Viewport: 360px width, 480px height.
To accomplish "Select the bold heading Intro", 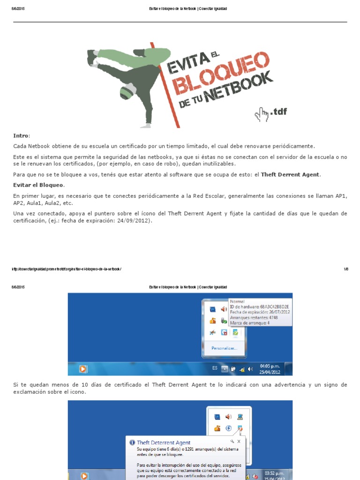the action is tap(21, 135).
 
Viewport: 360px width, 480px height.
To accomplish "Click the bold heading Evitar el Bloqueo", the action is tap(38, 185).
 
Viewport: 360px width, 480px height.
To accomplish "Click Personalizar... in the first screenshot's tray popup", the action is tap(225, 348).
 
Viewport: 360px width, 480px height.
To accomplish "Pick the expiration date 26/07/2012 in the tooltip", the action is tap(280, 312).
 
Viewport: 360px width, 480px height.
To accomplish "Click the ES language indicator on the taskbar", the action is tap(215, 368).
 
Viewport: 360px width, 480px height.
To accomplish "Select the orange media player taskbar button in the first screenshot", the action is tap(83, 369).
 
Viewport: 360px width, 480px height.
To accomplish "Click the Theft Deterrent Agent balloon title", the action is tap(163, 442).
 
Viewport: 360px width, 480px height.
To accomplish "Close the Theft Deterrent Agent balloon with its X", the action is tap(239, 442).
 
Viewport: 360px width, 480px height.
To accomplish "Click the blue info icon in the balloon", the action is tap(132, 442).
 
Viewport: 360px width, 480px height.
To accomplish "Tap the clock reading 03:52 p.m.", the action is tap(274, 473).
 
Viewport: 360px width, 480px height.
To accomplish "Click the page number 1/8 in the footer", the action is tap(345, 269).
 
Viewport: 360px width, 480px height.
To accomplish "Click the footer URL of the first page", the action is tap(67, 269).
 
